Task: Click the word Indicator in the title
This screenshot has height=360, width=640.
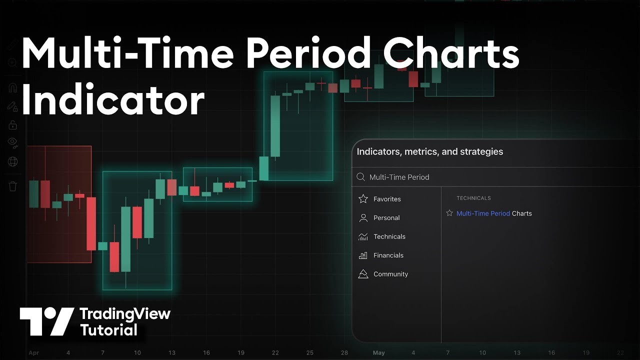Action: pos(113,101)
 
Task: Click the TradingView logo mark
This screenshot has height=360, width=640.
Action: pos(46,321)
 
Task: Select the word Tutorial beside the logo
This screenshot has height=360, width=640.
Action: pos(108,330)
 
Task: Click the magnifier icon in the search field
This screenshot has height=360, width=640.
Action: pos(361,177)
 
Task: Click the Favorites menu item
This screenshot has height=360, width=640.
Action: pos(386,199)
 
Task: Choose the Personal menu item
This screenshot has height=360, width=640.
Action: pos(386,218)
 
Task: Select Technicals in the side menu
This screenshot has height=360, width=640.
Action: pos(389,236)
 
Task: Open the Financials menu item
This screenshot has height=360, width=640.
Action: pos(388,255)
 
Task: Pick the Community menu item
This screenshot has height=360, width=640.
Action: pos(390,274)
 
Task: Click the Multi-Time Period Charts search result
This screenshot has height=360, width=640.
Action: pos(494,213)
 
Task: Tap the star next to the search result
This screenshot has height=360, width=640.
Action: pos(449,213)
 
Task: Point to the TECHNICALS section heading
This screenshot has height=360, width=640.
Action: pos(473,198)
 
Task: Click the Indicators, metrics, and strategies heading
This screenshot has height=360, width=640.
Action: pos(429,151)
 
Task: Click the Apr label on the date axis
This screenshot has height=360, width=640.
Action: pos(33,352)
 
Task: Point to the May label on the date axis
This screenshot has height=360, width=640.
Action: pos(378,352)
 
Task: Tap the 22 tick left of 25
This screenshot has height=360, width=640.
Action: pos(275,352)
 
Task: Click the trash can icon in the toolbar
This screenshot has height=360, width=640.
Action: pos(13,186)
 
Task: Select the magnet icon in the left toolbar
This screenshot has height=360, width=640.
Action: pos(13,88)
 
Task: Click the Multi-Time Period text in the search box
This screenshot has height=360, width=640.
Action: pos(399,177)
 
